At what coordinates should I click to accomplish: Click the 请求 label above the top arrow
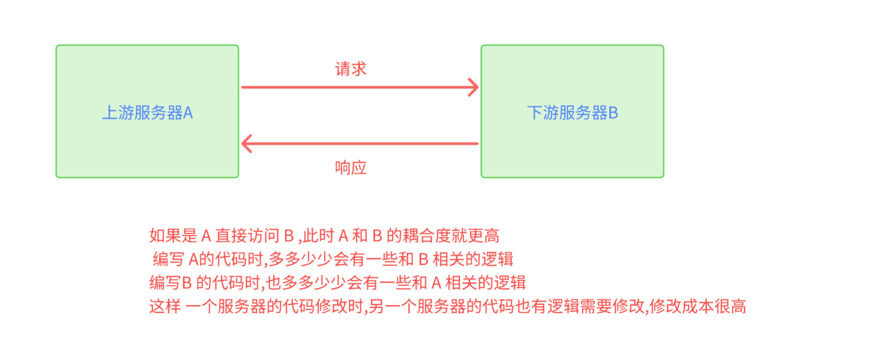pos(351,69)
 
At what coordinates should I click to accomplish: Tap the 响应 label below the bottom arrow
pos(351,168)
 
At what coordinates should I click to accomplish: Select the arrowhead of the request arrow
pos(474,87)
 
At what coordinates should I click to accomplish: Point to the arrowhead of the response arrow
pos(247,143)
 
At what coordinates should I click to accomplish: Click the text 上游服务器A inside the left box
pos(148,113)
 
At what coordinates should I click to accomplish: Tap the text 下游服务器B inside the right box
pos(572,113)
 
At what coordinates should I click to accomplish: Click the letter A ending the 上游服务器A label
pos(188,113)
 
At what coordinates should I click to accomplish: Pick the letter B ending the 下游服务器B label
pos(613,113)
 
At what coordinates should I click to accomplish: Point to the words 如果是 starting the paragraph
pos(173,236)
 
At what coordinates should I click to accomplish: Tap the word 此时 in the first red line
pos(318,236)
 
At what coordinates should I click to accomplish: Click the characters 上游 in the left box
pos(118,113)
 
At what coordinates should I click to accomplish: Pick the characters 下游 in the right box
pos(543,113)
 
